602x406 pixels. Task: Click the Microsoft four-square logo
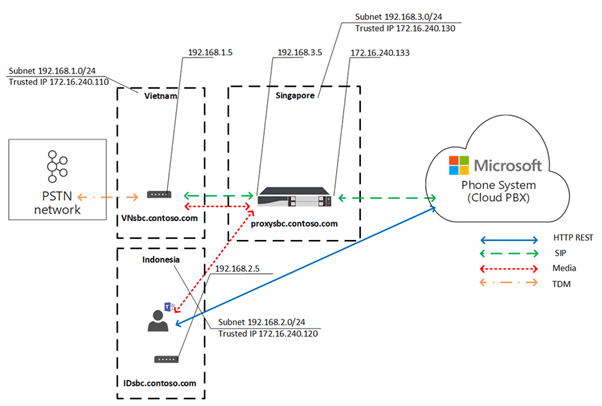click(x=459, y=164)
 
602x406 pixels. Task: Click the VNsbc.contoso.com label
click(x=159, y=216)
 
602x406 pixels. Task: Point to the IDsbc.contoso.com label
click(x=159, y=381)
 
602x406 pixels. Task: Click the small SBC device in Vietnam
click(x=159, y=195)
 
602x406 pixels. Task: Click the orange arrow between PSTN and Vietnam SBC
click(x=103, y=195)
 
